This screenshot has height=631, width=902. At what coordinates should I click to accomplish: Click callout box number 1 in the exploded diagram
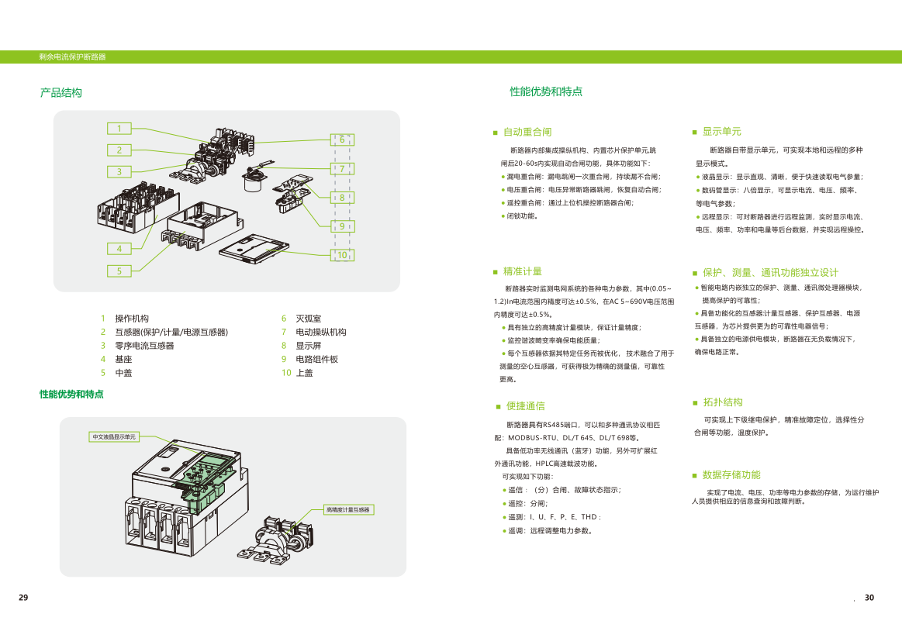[x=119, y=129]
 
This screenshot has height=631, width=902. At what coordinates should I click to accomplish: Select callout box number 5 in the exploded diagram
[x=119, y=271]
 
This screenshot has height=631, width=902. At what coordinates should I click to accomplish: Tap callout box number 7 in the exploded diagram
[x=341, y=168]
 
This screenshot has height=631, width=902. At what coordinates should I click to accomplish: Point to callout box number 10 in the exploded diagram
[x=341, y=254]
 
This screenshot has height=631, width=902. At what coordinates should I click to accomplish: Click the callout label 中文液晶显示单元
[x=114, y=437]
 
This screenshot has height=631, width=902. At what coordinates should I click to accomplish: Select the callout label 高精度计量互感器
[x=348, y=509]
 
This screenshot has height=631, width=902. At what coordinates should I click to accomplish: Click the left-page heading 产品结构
[x=61, y=93]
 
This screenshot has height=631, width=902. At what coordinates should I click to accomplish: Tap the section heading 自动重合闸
[x=527, y=132]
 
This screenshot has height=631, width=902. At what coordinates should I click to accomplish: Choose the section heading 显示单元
[x=721, y=132]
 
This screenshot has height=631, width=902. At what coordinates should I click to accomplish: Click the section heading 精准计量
[x=522, y=271]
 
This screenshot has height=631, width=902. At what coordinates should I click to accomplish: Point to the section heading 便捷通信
[x=525, y=405]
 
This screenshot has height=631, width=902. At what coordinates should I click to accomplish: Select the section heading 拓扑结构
[x=722, y=402]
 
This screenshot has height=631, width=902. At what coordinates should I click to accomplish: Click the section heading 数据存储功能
[x=731, y=474]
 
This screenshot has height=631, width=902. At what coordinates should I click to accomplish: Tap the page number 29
[x=23, y=598]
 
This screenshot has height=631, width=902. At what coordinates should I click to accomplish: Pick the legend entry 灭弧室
[x=308, y=318]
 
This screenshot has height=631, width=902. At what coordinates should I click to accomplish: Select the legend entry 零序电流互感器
[x=144, y=346]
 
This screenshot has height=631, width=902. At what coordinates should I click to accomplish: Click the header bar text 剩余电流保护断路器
[x=72, y=57]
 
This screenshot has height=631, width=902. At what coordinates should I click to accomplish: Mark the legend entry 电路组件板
[x=316, y=359]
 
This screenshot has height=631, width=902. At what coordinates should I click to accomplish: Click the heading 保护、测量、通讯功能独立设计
[x=770, y=272]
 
